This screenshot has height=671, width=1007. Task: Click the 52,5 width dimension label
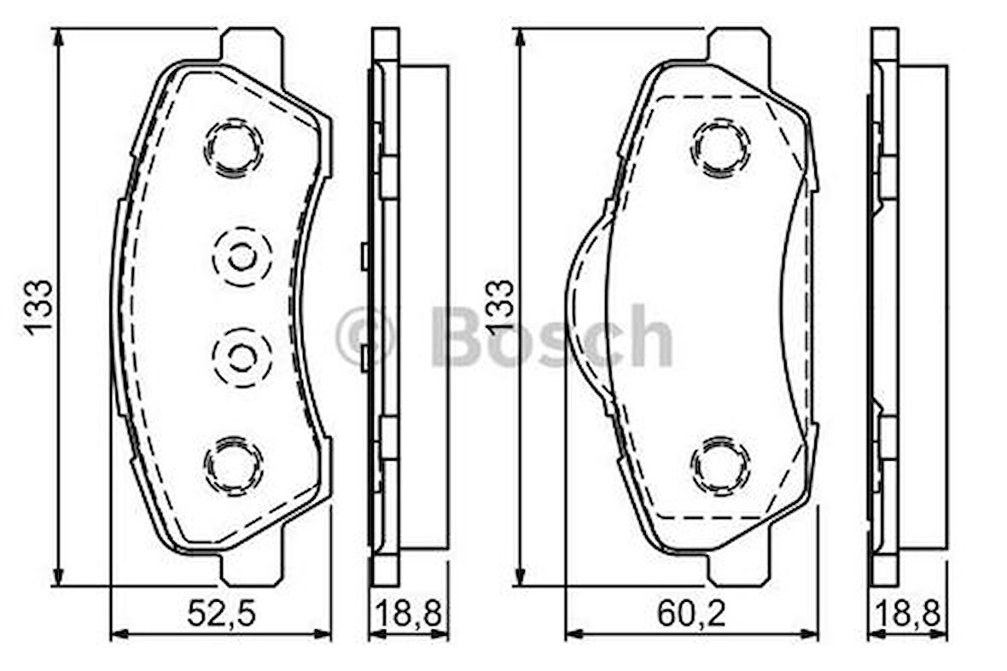coord(221,614)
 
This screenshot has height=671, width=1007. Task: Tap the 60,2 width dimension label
coord(691,614)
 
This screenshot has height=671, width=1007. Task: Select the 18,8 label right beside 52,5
coord(408,614)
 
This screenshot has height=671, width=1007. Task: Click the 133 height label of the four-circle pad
coord(39,307)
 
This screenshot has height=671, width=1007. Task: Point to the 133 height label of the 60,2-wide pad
coord(501,307)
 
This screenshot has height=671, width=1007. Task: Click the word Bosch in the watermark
coord(551,338)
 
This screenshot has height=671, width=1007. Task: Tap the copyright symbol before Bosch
coord(365,338)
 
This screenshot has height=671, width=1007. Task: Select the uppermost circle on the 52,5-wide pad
coord(234,147)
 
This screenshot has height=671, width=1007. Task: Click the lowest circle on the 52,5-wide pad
coord(234,465)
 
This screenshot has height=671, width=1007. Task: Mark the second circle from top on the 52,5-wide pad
coord(242,256)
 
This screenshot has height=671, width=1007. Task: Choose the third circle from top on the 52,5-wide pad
coord(242,356)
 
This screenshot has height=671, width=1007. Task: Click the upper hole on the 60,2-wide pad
coord(721,148)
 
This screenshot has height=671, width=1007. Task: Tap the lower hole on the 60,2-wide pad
coord(721,466)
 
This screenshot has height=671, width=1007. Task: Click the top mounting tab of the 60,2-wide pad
coord(738,44)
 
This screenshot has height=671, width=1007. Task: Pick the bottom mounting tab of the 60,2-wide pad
coord(738,569)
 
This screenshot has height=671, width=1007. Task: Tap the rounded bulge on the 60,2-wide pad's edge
coord(585,307)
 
